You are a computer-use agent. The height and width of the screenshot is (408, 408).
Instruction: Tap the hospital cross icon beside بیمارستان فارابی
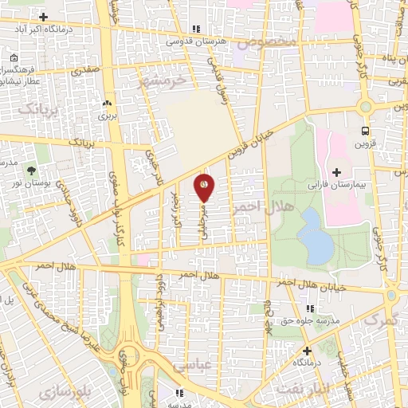coord(336,172)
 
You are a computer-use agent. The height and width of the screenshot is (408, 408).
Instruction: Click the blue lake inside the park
coord(316,236)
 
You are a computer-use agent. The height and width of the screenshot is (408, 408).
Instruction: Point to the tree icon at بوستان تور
coord(31,171)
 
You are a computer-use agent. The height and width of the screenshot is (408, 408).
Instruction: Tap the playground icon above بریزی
coord(107,103)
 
